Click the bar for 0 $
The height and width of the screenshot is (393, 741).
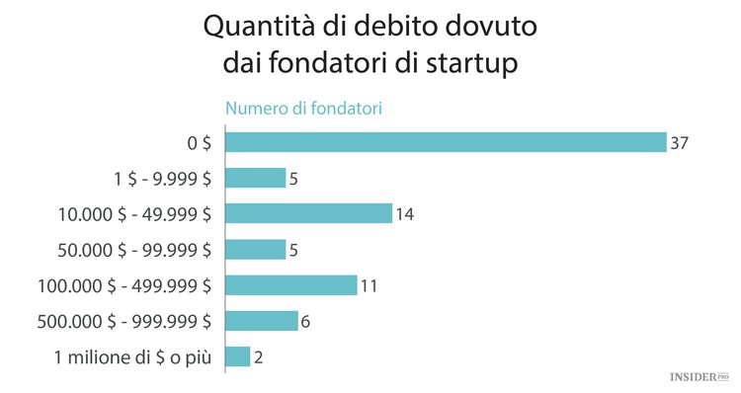click(446, 142)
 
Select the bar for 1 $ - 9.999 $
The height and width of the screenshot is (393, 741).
click(255, 178)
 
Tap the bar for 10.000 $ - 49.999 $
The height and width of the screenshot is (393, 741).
click(309, 213)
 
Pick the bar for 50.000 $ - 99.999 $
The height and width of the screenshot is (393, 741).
click(255, 250)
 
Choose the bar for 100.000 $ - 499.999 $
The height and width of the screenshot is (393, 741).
click(290, 285)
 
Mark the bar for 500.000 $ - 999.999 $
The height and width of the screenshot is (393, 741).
click(261, 321)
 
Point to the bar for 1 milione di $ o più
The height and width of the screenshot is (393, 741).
click(237, 356)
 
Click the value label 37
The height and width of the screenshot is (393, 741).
click(678, 142)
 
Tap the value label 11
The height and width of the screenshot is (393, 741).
click(370, 285)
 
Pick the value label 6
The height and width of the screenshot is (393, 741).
click(306, 321)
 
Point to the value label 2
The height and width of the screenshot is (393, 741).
click(259, 356)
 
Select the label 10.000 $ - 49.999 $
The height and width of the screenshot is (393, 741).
click(136, 213)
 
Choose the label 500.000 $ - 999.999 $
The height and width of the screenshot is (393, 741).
click(123, 321)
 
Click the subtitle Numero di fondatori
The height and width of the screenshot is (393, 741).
click(303, 109)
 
